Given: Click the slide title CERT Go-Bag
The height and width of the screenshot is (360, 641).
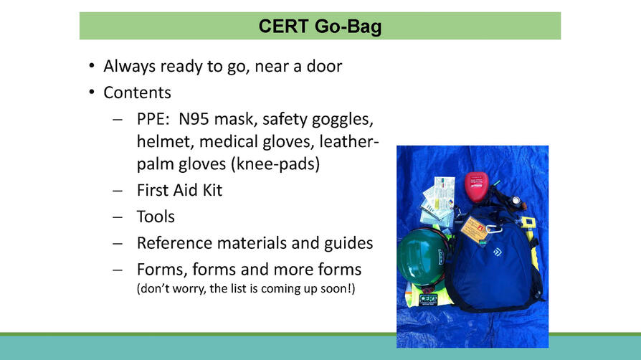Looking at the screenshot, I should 320,27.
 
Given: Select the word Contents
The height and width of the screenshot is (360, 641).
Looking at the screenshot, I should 137,93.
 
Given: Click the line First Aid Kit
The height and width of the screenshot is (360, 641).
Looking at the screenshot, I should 179,190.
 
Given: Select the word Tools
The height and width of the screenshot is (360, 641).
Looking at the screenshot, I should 156,217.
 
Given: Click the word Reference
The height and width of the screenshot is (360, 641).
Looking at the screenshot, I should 176,243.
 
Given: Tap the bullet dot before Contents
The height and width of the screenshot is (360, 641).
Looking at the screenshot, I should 91,93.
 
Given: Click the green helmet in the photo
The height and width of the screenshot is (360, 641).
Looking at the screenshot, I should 422,255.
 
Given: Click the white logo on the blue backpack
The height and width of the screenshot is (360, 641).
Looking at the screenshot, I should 497,252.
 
